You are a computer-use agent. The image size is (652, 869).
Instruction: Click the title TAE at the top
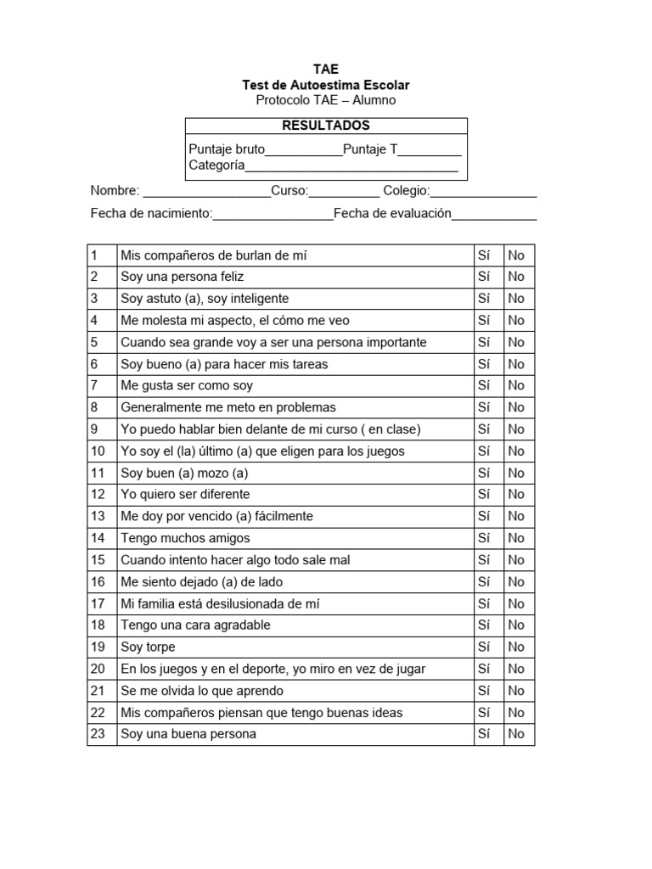[325, 70]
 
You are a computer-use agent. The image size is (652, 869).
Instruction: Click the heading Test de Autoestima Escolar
[325, 85]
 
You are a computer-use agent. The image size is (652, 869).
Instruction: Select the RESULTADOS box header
[325, 126]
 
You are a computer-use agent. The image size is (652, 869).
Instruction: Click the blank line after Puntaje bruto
[304, 151]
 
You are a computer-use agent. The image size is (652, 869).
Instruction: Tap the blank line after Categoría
[351, 166]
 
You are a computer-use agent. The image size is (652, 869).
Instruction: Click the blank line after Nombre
[206, 192]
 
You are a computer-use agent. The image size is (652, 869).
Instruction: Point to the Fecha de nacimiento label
[150, 214]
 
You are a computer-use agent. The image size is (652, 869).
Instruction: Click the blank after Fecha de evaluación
[494, 215]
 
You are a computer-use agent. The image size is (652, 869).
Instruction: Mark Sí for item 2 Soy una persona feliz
[485, 277]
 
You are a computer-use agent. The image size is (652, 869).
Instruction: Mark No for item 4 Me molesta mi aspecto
[516, 321]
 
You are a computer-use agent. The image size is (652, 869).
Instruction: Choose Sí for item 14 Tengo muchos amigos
[485, 538]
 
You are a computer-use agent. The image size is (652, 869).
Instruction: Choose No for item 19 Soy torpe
[516, 648]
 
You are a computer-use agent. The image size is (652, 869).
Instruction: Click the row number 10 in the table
[98, 451]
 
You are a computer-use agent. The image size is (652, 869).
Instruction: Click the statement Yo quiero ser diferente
[185, 495]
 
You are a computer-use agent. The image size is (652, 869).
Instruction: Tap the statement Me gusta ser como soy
[187, 386]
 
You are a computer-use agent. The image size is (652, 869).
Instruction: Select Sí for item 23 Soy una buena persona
[485, 734]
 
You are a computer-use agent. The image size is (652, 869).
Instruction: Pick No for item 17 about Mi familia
[516, 604]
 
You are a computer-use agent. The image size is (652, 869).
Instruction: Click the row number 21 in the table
[98, 691]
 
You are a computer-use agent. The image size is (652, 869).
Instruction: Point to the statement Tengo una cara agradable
[195, 625]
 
